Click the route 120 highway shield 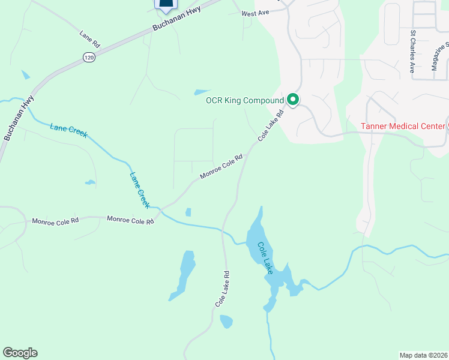point(89,57)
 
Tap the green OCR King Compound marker point(293,100)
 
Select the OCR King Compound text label point(244,100)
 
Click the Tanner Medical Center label point(402,126)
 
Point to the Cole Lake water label point(266,258)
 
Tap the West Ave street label point(256,13)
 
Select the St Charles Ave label point(413,52)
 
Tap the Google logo point(20,353)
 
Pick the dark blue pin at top point(166,4)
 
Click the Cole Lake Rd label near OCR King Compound point(271,125)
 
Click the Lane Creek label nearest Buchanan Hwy point(69,130)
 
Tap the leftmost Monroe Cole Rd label point(55,221)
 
